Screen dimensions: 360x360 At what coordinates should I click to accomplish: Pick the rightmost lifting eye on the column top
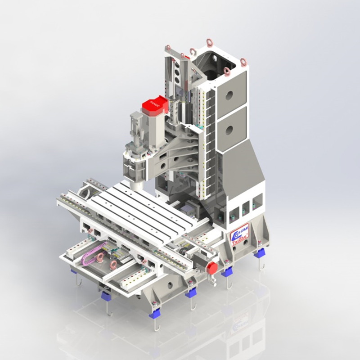point(243,62)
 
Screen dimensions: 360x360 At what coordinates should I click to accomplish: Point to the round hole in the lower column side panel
point(229,131)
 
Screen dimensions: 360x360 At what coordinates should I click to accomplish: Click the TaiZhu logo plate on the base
point(240,234)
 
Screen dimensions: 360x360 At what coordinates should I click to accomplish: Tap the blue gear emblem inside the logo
point(236,233)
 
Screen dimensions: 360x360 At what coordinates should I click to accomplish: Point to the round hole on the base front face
point(170,285)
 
